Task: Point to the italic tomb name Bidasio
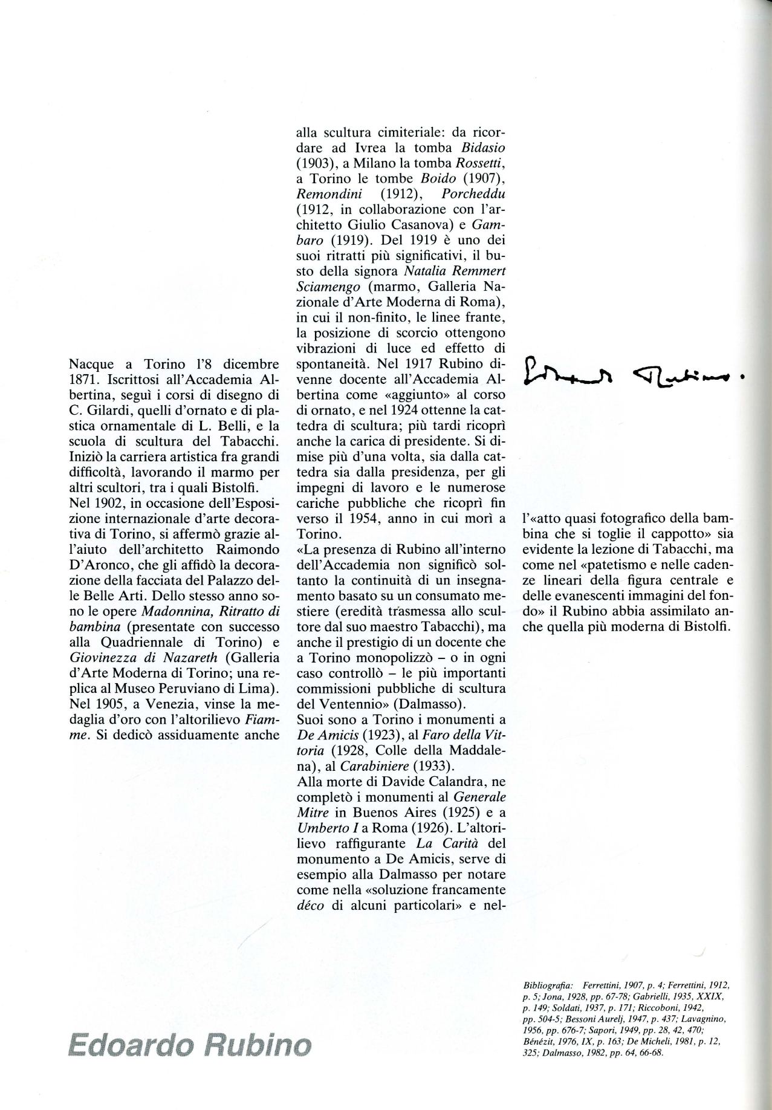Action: (x=483, y=148)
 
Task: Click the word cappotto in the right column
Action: (x=673, y=534)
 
